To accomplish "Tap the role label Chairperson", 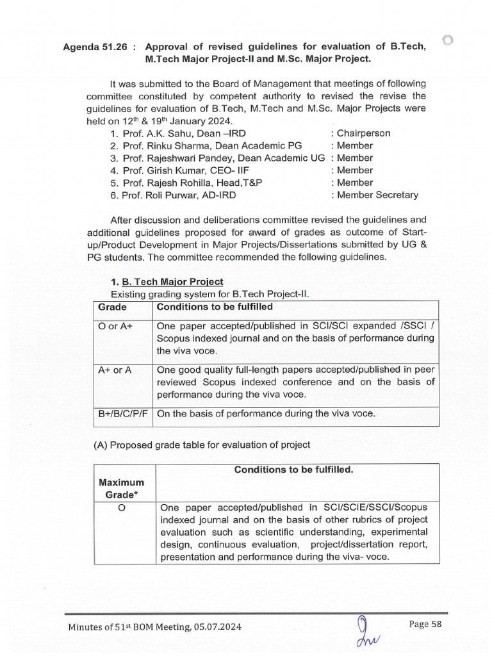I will coord(364,133).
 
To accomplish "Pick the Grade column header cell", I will coord(112,307).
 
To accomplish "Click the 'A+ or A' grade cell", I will coord(115,370).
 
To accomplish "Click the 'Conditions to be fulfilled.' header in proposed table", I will coord(293,470).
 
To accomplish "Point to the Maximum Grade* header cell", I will coord(121,488).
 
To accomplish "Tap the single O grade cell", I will coord(121,507).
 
